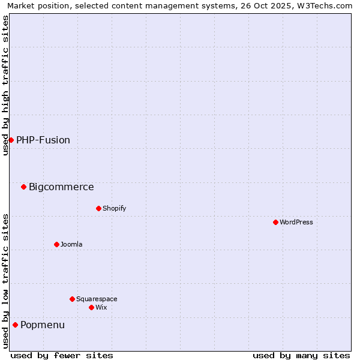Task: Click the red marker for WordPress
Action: pyautogui.click(x=275, y=222)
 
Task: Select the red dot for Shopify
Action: pyautogui.click(x=98, y=208)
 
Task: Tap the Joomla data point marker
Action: pyautogui.click(x=56, y=244)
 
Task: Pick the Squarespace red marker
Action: pyautogui.click(x=72, y=299)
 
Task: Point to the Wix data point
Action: pyautogui.click(x=91, y=307)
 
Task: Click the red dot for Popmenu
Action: pyautogui.click(x=15, y=325)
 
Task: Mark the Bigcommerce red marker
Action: pyautogui.click(x=23, y=187)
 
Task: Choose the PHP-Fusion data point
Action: pyautogui.click(x=11, y=140)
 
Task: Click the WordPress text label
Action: pyautogui.click(x=296, y=222)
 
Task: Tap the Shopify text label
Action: pyautogui.click(x=114, y=208)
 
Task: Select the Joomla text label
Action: pyautogui.click(x=71, y=244)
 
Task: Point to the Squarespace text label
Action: pyautogui.click(x=97, y=299)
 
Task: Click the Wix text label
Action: pyautogui.click(x=101, y=307)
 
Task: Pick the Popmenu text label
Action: pyautogui.click(x=43, y=325)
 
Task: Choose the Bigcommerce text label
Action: pyautogui.click(x=61, y=187)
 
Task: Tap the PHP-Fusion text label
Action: pyautogui.click(x=43, y=140)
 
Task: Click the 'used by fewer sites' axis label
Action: pyautogui.click(x=62, y=355)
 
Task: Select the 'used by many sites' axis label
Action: pyautogui.click(x=301, y=355)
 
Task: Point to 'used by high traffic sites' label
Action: pyautogui.click(x=6, y=85)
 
